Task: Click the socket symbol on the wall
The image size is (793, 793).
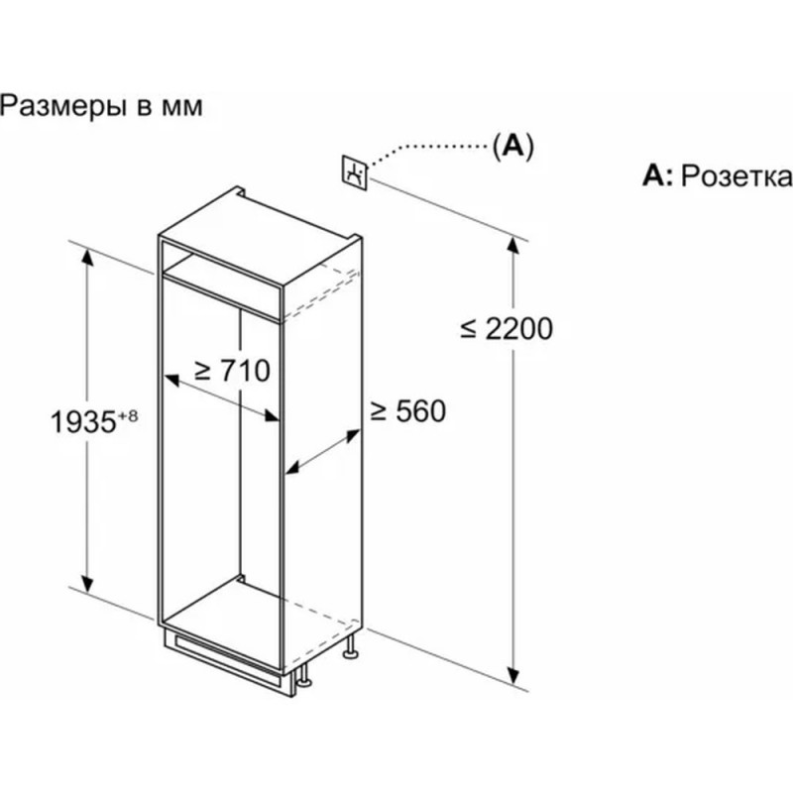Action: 356,172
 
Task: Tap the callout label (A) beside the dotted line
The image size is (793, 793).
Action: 512,146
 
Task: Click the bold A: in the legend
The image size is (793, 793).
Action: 657,176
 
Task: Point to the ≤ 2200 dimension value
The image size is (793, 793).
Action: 507,328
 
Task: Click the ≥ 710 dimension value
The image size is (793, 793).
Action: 233,371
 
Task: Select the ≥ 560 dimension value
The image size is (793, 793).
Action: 407,411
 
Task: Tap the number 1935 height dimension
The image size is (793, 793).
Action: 81,421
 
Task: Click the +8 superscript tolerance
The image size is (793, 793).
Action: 126,414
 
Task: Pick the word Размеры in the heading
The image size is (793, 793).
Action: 60,106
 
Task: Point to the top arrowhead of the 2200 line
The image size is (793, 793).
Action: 515,247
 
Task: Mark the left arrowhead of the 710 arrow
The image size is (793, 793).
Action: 170,379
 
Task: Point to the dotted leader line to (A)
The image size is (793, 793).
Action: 427,150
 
